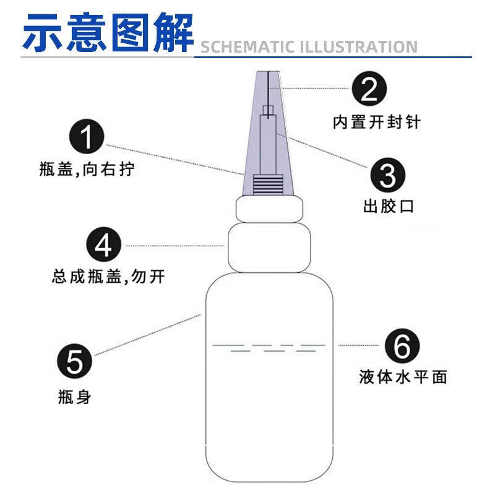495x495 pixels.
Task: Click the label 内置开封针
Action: (x=376, y=122)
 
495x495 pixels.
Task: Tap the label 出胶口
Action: (x=389, y=206)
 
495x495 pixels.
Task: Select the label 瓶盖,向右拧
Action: (x=86, y=169)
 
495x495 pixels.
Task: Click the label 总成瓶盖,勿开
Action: (x=108, y=276)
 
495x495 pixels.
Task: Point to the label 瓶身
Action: (x=74, y=397)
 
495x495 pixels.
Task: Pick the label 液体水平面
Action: (x=403, y=376)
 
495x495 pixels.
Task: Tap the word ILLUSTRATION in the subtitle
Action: (x=359, y=47)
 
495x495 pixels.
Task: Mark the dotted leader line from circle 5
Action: (x=146, y=336)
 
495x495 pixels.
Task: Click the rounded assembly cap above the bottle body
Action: (x=268, y=247)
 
